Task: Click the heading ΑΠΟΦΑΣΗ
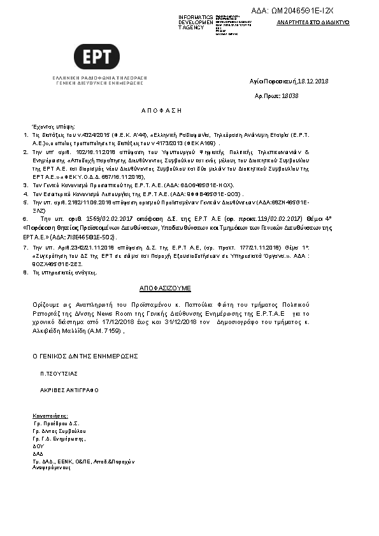click(161, 111)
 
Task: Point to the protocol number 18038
click(290, 95)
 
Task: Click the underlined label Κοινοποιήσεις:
click(50, 414)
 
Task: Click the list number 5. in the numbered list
click(25, 201)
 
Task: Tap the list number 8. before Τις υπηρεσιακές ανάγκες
click(25, 272)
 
